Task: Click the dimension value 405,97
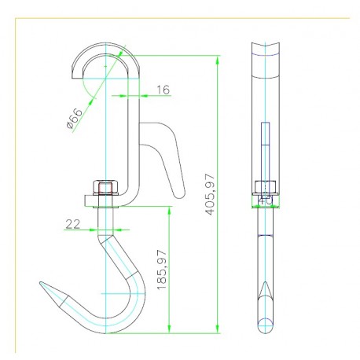(x=210, y=194)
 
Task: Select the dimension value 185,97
(x=162, y=270)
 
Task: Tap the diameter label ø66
(x=74, y=119)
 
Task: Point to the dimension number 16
(x=163, y=90)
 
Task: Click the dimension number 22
(x=73, y=224)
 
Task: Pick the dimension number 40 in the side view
(x=266, y=200)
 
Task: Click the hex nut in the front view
(x=105, y=187)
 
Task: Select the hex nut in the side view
(x=266, y=187)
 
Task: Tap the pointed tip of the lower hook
(x=40, y=282)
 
